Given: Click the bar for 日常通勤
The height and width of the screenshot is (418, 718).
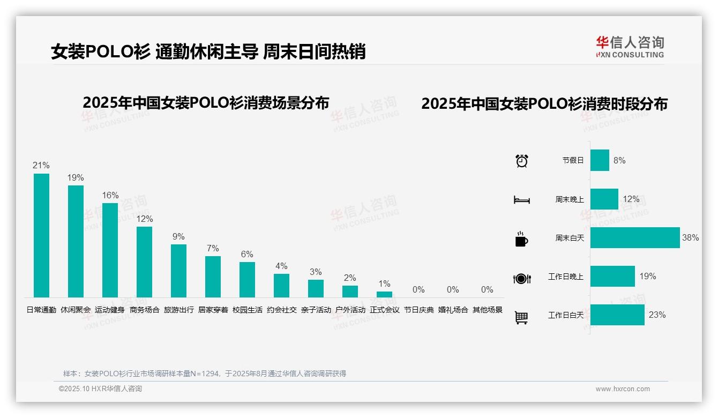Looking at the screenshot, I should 41,235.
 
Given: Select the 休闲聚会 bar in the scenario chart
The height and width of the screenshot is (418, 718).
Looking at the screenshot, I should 76,241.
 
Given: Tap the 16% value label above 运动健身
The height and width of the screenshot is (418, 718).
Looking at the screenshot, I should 110,196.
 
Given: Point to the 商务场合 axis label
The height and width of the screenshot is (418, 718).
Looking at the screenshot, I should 145,310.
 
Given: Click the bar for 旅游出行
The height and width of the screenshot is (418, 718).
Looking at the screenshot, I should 178,271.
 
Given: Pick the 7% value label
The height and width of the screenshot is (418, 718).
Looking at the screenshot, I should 213,249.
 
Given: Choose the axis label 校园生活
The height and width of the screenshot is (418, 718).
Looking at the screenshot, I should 248,310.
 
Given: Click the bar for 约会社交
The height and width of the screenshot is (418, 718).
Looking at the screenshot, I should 281,286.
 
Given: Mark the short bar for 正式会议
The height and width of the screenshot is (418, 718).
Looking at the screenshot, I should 384,294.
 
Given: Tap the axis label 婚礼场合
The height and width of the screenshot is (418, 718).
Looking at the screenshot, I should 453,310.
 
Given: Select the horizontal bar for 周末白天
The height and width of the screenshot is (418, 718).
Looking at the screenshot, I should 635,238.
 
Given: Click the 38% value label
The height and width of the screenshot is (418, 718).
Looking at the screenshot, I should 690,238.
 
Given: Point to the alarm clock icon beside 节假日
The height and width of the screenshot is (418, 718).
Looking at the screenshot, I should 521,161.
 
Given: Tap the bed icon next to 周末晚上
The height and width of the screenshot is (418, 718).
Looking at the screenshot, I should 521,199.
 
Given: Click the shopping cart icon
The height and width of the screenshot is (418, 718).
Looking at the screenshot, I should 521,317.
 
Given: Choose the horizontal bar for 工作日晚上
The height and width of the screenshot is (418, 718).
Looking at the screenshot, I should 612,277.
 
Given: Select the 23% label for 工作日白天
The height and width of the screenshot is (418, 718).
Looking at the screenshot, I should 657,315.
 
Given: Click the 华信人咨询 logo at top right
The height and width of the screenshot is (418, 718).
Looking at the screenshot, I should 630,47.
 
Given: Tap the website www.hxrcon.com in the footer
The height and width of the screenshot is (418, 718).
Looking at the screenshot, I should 623,389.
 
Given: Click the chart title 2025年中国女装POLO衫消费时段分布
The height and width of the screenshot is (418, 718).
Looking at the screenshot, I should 544,104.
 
